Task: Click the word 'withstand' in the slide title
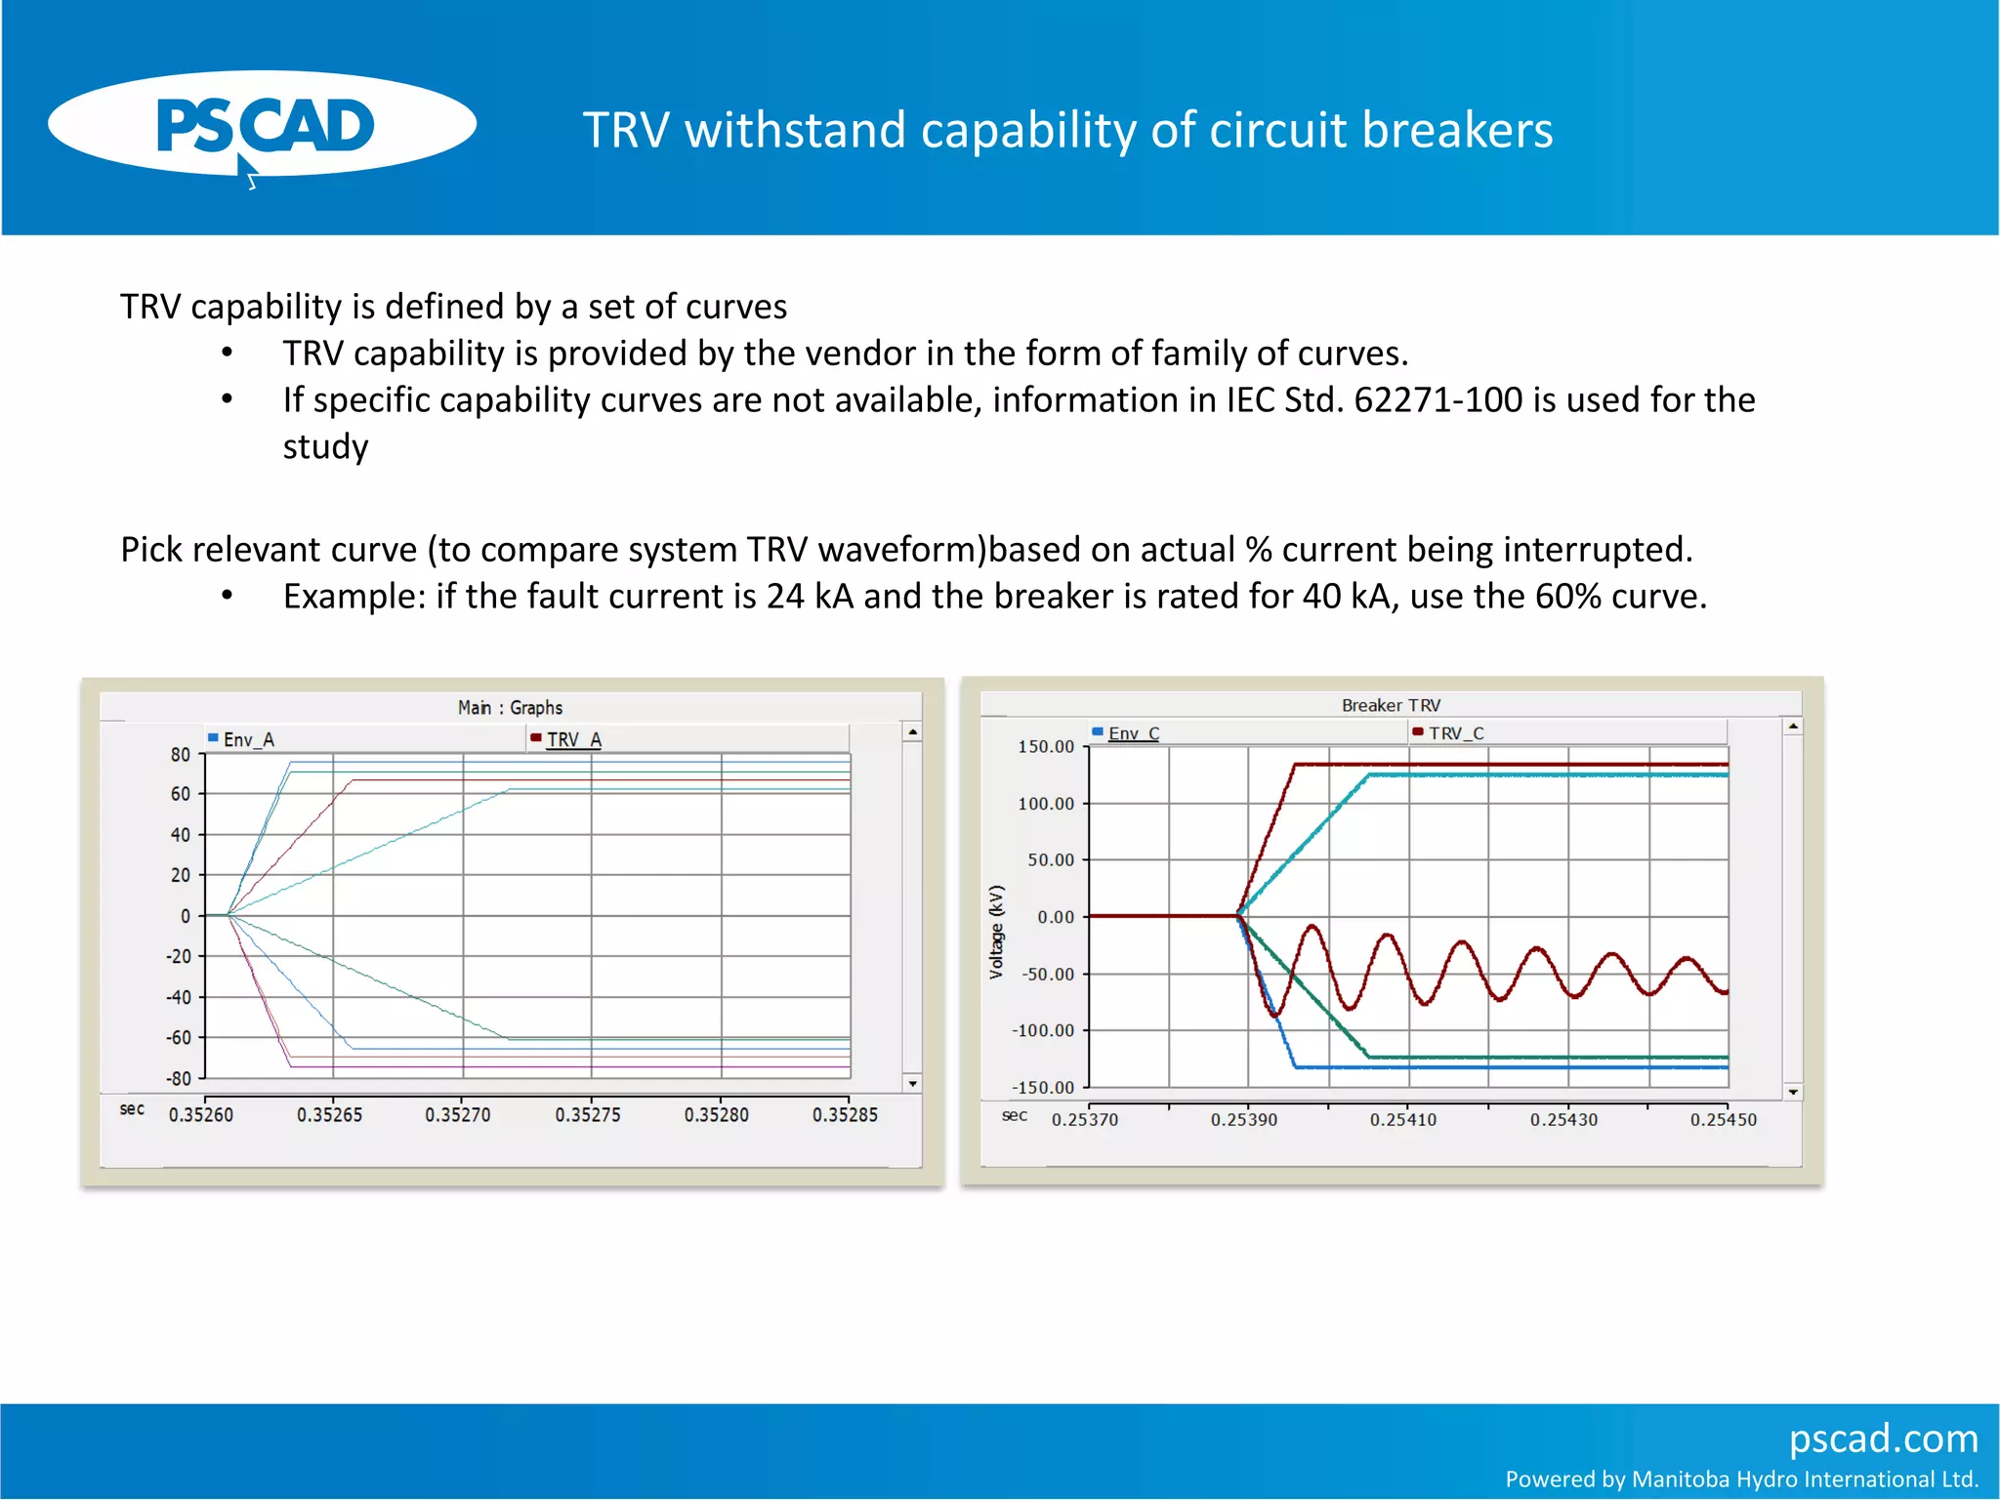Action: [794, 130]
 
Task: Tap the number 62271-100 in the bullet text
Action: [1437, 400]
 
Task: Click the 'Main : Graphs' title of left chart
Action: [510, 707]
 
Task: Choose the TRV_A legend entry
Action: [572, 740]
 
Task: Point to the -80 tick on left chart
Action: [179, 1079]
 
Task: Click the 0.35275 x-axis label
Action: [587, 1115]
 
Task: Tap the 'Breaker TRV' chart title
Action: [1391, 705]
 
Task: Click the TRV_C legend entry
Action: [1455, 733]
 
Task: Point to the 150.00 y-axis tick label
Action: [1046, 747]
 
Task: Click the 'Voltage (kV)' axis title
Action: [996, 933]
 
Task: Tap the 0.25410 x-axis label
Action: [1403, 1120]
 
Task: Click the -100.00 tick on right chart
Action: [1043, 1031]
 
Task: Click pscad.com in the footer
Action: [1883, 1439]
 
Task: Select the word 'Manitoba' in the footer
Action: [1684, 1479]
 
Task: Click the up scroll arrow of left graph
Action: [912, 731]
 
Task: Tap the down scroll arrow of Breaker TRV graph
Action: [1793, 1092]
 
